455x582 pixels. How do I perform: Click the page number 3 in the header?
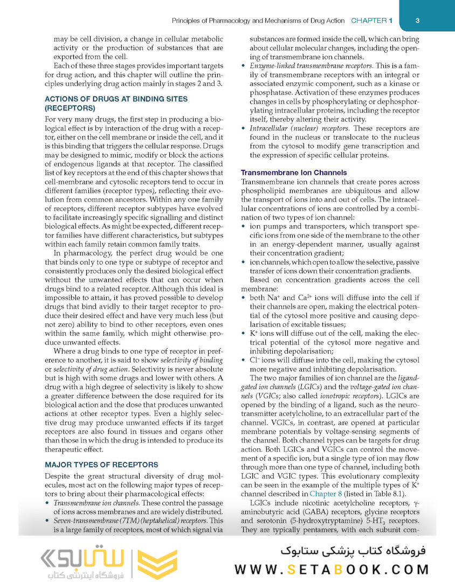[418, 20]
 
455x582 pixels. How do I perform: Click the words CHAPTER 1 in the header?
[371, 20]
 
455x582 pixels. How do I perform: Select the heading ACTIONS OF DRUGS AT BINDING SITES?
[116, 99]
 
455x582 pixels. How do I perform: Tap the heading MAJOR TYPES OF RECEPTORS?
[101, 465]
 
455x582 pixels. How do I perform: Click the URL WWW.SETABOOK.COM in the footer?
[332, 569]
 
